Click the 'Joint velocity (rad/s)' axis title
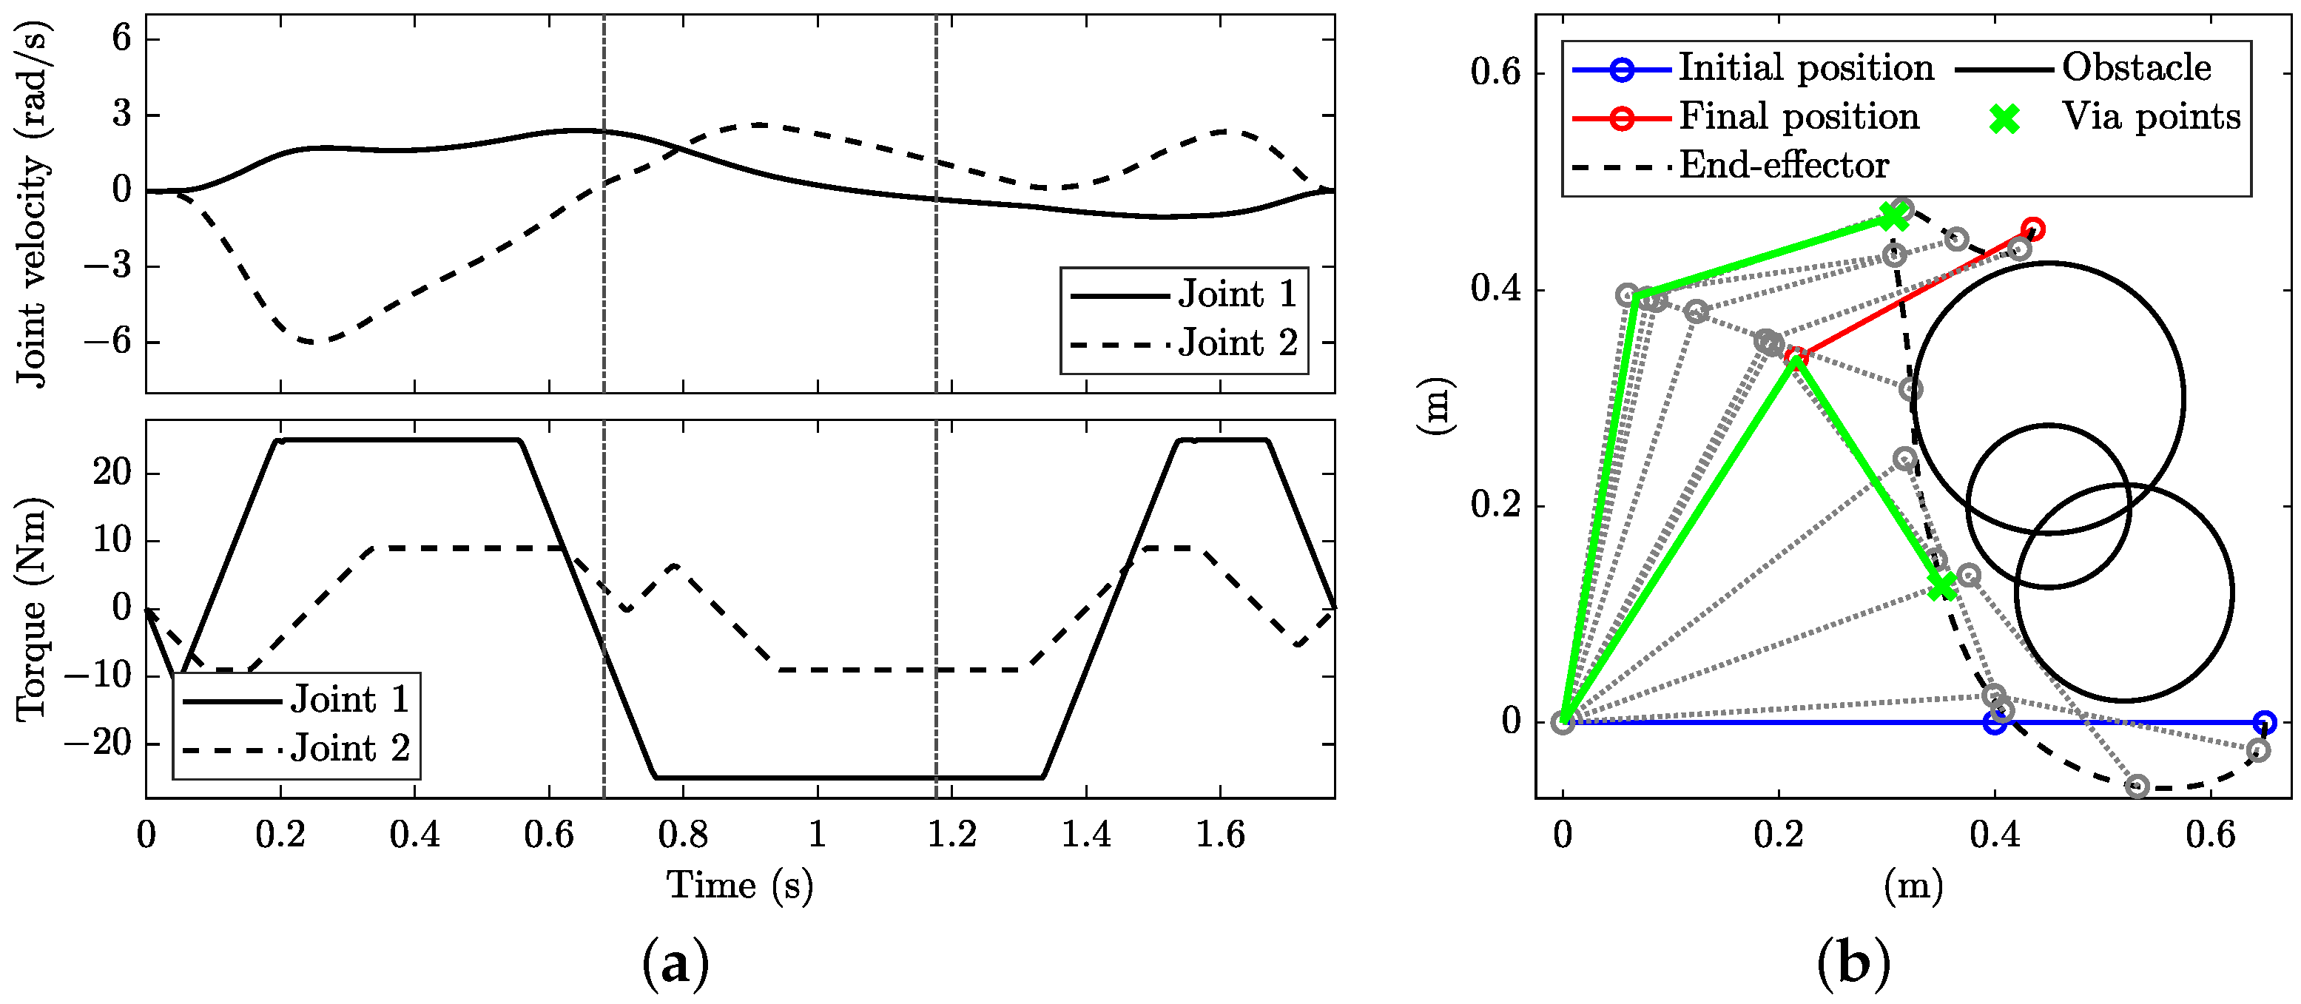(34, 203)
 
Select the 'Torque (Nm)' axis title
(34, 609)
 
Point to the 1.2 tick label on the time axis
(951, 835)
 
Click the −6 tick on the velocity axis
(110, 342)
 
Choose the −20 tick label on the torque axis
(101, 742)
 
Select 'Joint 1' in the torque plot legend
(349, 699)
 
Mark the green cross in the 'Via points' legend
(2004, 118)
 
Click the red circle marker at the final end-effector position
(2033, 229)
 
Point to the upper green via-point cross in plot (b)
(1891, 216)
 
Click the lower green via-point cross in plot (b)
(1940, 587)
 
